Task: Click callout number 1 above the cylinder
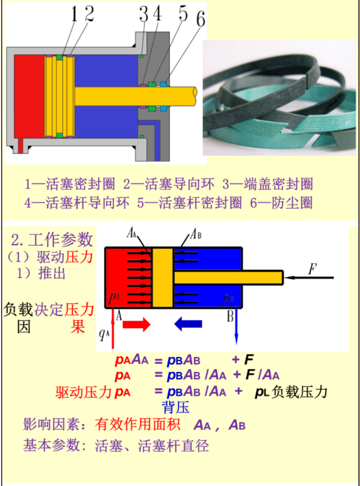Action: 73,14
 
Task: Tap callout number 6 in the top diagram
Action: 200,18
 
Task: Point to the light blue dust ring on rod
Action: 163,85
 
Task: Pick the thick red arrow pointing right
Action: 137,324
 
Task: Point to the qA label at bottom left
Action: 104,334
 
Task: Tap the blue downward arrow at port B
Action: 236,328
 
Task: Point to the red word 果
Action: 77,326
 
